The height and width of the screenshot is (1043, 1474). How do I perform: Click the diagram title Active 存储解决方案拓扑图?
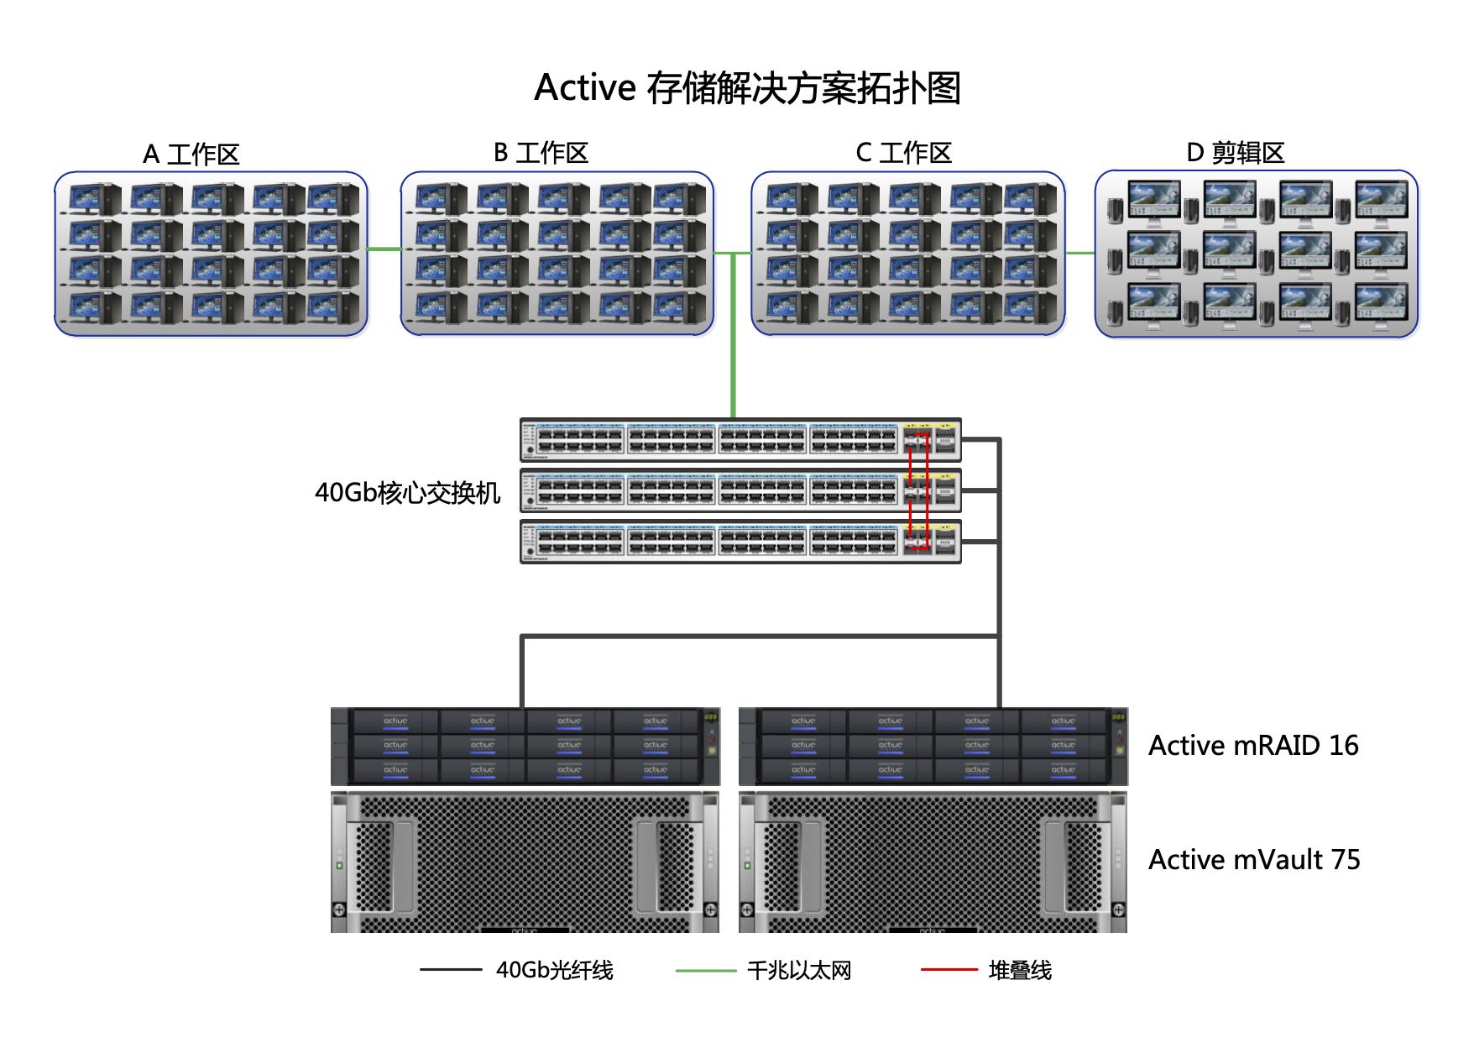click(x=747, y=88)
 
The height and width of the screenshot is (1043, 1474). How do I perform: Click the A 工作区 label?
click(x=191, y=154)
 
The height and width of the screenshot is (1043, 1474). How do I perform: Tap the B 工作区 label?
click(x=541, y=153)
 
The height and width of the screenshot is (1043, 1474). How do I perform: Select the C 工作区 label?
click(x=903, y=153)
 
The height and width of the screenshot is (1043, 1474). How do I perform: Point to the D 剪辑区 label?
click(x=1235, y=153)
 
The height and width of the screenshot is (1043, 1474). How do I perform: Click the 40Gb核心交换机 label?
click(x=407, y=492)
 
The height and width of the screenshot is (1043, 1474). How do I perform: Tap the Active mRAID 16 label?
click(x=1252, y=745)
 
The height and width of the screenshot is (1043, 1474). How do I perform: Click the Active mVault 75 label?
click(x=1253, y=859)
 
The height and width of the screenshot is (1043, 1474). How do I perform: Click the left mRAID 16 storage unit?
click(x=525, y=746)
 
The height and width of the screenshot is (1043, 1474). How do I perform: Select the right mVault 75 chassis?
click(x=932, y=862)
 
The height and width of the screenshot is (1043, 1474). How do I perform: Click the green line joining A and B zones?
click(x=384, y=249)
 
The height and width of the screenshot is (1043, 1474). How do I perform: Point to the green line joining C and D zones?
click(x=1079, y=252)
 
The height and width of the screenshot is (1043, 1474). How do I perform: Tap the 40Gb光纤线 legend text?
click(x=554, y=970)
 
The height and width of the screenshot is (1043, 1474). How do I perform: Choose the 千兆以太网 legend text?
click(x=798, y=970)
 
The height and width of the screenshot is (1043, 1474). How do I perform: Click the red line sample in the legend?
click(x=949, y=969)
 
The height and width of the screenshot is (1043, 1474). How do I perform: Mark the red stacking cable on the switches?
click(x=928, y=490)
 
